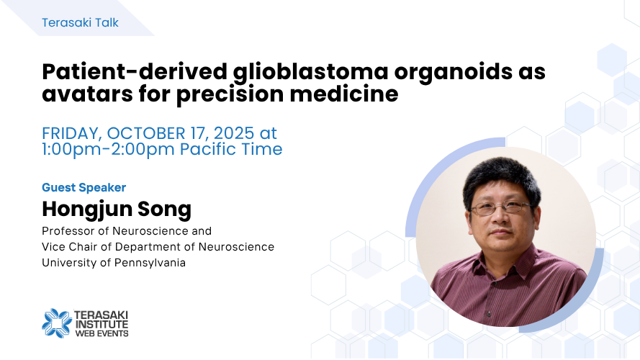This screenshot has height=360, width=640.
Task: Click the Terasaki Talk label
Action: coord(80,22)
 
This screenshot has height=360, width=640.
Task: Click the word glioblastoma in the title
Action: coord(310,72)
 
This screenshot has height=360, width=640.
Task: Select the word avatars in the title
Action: coord(87,94)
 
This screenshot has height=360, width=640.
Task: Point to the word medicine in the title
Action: coord(343,94)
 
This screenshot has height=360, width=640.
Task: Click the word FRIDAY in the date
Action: coord(71,134)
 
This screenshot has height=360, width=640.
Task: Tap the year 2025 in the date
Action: coord(233,133)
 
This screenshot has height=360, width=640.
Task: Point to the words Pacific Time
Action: coord(231,149)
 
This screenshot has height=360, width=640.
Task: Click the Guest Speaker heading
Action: coord(84,187)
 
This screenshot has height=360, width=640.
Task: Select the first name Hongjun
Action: coord(87,210)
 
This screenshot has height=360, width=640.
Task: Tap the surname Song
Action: coord(164,210)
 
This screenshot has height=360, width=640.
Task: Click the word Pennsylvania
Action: coord(150,263)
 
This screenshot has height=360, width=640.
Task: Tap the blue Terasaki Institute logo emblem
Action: coord(57,323)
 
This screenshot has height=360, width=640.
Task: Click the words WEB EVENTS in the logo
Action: coord(102,333)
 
